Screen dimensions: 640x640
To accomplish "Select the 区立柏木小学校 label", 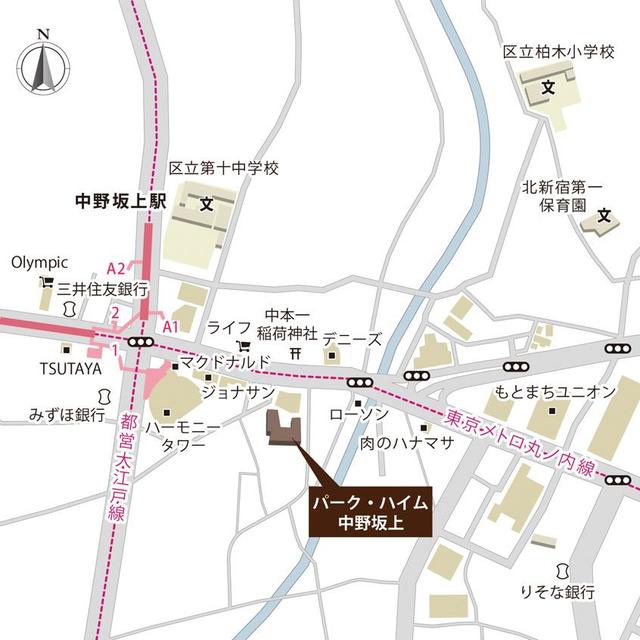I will (558, 51).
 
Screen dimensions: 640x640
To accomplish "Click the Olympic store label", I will (39, 263).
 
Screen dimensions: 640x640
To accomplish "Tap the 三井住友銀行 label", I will (102, 288).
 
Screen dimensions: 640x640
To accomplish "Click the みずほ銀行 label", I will (67, 413).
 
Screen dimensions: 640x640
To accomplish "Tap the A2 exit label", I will (117, 268).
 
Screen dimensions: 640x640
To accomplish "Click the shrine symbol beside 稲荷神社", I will (295, 353).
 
